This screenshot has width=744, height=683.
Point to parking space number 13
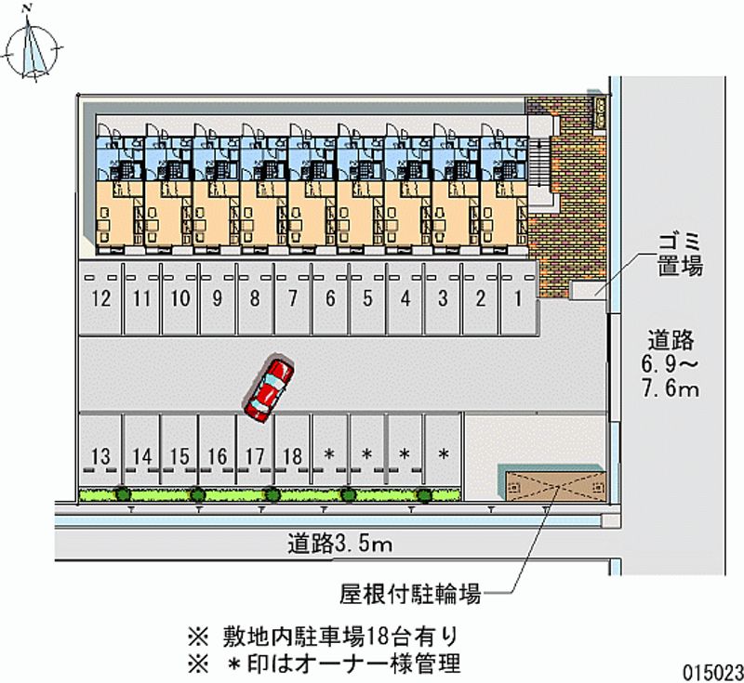tap(102, 455)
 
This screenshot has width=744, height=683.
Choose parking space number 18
tap(292, 455)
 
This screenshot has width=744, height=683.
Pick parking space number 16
tap(217, 455)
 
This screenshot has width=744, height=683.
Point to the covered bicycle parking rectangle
tap(551, 486)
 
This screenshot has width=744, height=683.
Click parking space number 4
tap(405, 299)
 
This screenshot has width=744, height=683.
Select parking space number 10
tap(180, 299)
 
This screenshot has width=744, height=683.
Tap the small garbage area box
tap(589, 290)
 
